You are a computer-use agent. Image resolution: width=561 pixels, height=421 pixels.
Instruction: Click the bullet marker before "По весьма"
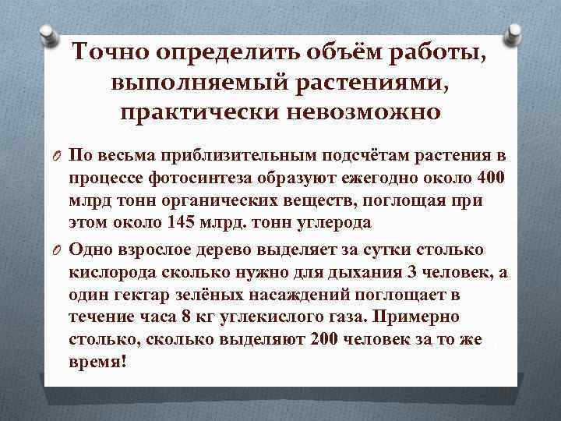coord(57,156)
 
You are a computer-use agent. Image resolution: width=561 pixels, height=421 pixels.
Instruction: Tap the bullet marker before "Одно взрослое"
coord(57,249)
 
